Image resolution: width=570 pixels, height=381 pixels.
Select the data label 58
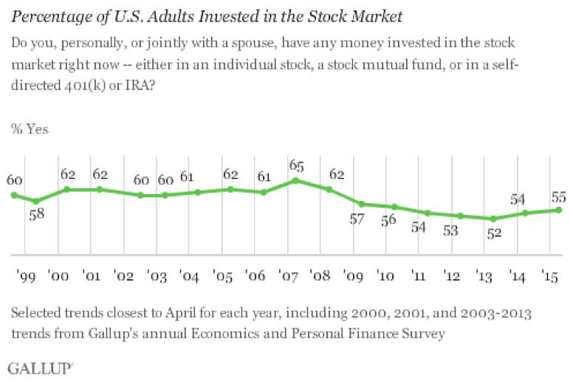point(37,216)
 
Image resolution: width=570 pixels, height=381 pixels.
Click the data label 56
point(389,222)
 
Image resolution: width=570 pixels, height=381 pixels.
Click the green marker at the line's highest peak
point(295,179)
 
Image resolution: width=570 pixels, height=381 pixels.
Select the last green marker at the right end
point(560,210)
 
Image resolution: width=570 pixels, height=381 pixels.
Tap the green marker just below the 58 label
point(35,201)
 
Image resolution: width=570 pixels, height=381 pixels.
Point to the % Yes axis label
point(30,129)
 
